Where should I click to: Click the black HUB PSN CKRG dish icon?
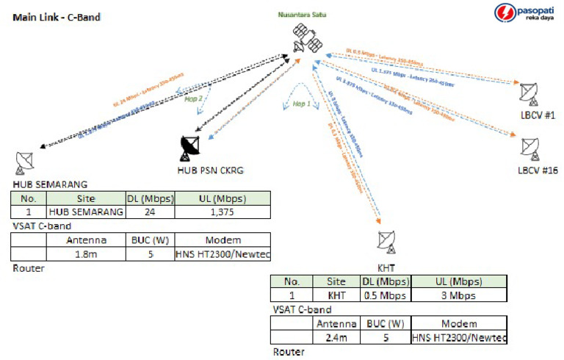(x=189, y=148)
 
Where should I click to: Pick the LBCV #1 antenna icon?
(x=527, y=93)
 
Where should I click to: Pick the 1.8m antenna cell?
(x=87, y=253)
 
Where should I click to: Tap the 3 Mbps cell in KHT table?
(x=458, y=295)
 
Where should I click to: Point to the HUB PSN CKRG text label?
(x=211, y=170)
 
